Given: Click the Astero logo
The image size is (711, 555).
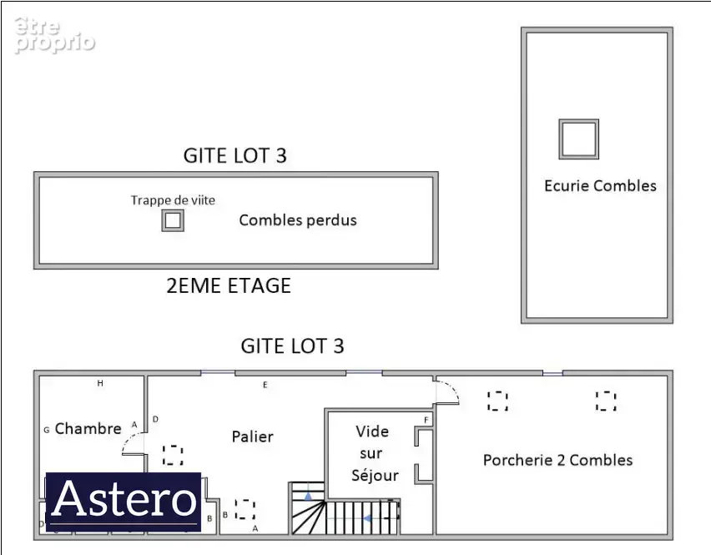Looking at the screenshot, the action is pyautogui.click(x=124, y=501).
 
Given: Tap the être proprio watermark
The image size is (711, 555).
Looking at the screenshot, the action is pyautogui.click(x=54, y=35).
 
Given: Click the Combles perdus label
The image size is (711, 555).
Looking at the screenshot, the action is pyautogui.click(x=298, y=220).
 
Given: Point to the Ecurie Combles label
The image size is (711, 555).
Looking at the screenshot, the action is pyautogui.click(x=600, y=186).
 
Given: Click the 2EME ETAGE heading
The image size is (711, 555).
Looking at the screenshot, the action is pyautogui.click(x=229, y=285).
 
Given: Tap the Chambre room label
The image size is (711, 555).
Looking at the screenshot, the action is pyautogui.click(x=88, y=428).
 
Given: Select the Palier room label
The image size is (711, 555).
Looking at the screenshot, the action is pyautogui.click(x=253, y=436).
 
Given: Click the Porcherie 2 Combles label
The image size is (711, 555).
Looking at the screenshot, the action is pyautogui.click(x=557, y=460).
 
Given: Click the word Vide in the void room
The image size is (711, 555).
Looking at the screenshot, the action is pyautogui.click(x=372, y=431).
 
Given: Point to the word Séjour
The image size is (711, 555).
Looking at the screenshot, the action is pyautogui.click(x=375, y=475).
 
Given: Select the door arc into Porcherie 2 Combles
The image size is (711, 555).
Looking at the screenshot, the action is pyautogui.click(x=451, y=387).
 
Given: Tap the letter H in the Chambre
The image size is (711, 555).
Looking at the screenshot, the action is pyautogui.click(x=100, y=384).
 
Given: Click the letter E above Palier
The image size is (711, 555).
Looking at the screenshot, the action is pyautogui.click(x=265, y=385).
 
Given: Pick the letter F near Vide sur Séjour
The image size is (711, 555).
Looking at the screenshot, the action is pyautogui.click(x=426, y=421).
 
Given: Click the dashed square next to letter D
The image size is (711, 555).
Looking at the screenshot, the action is pyautogui.click(x=173, y=455).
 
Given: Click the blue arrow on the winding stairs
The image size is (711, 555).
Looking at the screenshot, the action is pyautogui.click(x=308, y=497).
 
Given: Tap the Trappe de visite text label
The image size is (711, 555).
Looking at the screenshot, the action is pyautogui.click(x=173, y=200).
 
